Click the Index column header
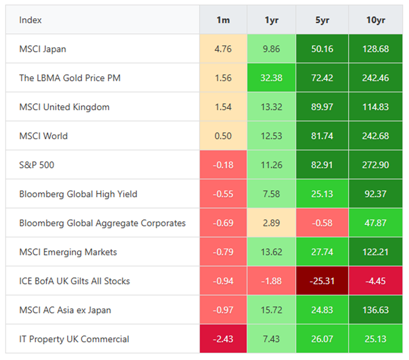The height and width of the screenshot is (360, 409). coord(30,20)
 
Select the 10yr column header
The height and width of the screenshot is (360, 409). coord(375,20)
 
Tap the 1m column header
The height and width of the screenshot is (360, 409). coord(223,20)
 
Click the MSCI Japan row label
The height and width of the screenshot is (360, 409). coord(43,49)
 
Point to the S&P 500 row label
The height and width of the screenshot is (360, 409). coord(37,165)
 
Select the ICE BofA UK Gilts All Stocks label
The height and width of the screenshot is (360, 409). coord(74,281)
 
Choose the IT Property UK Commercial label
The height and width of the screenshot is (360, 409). coord(74,339)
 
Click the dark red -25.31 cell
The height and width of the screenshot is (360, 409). coord(322,281)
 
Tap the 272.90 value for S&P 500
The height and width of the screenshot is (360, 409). coord(375,165)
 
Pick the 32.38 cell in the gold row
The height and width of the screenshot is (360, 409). coord(271,78)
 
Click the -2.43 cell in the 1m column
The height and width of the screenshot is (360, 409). coord(223,339)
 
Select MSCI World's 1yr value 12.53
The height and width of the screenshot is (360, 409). coord(271,136)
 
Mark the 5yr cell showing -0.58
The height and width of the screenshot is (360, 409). coord(322,223)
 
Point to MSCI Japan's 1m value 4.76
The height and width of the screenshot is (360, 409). coord(223,49)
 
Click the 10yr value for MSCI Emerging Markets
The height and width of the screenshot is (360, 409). coord(375,252)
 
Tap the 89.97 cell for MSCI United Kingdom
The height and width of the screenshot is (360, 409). coord(322,107)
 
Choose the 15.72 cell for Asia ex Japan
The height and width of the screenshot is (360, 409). coord(271,310)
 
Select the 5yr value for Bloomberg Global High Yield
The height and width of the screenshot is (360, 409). coord(322,194)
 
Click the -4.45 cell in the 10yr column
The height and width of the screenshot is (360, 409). coord(375,281)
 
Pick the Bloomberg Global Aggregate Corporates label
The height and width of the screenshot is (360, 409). coord(102,223)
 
